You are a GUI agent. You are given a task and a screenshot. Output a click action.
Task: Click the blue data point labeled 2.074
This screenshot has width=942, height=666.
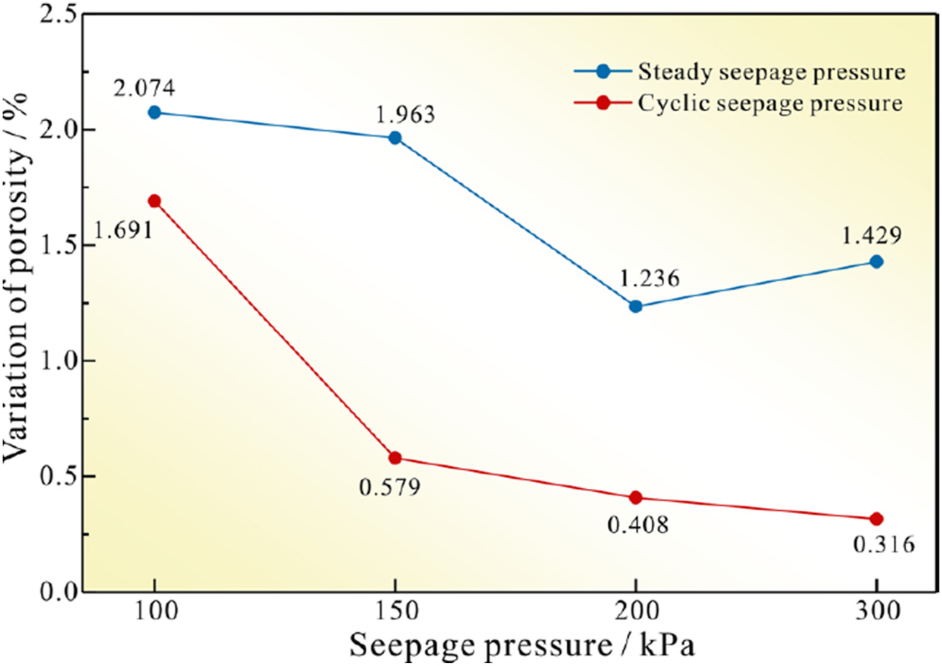[x=155, y=112]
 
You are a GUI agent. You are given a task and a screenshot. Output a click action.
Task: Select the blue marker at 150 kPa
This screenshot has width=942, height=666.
[x=395, y=138]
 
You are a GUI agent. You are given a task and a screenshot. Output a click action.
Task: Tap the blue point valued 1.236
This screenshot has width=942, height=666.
[x=636, y=306]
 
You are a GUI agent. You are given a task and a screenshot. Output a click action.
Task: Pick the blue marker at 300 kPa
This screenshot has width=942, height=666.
[x=876, y=262]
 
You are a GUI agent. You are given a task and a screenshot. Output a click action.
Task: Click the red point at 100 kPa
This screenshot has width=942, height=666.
[x=155, y=201]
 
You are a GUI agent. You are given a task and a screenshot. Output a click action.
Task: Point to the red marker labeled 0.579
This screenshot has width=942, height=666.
[x=395, y=458]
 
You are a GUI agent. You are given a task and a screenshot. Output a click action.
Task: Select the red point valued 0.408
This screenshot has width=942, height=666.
[x=636, y=497]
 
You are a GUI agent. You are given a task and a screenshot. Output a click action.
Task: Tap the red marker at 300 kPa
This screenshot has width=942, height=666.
[x=876, y=519]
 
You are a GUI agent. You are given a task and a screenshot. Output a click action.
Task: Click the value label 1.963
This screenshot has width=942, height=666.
[x=405, y=114]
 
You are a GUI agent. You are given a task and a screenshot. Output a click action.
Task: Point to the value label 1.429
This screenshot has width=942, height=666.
[x=871, y=236]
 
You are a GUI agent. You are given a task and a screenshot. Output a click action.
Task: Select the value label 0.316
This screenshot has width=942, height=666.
[x=884, y=544]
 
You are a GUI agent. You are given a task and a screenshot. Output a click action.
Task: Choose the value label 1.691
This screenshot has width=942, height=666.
[x=124, y=230]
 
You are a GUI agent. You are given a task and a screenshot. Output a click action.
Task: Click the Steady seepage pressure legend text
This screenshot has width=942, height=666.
[x=771, y=72]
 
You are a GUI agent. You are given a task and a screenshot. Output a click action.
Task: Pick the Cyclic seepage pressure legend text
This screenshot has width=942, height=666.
[x=770, y=103]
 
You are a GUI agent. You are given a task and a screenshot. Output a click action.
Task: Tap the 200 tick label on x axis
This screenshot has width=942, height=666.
[x=636, y=611]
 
